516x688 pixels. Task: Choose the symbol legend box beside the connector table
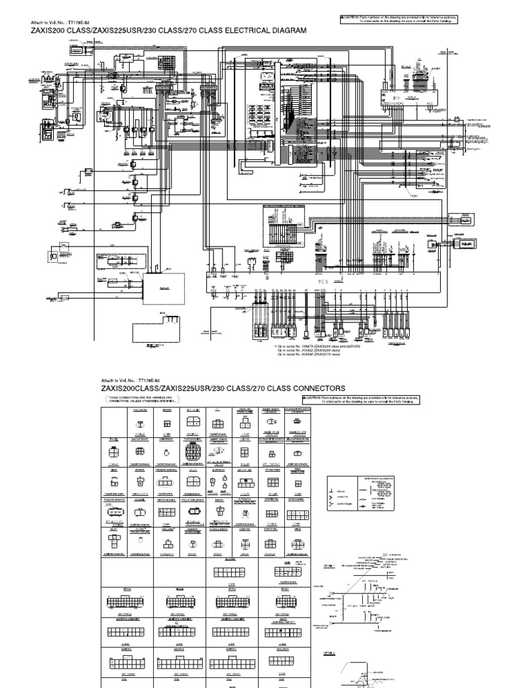365,495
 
